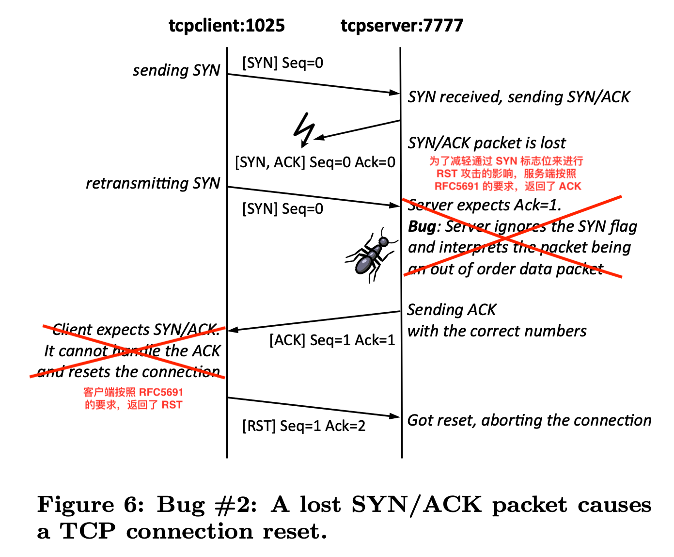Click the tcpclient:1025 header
click(226, 25)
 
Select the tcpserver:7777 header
click(402, 25)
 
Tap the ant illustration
click(371, 255)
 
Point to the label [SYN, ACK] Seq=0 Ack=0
click(315, 162)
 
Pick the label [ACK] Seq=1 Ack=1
click(332, 340)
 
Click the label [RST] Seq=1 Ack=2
click(304, 426)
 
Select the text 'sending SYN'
click(176, 70)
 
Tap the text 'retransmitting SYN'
click(153, 183)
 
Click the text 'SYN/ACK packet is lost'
click(486, 143)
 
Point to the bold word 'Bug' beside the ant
click(422, 226)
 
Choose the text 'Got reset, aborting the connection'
click(529, 420)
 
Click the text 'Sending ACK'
click(452, 309)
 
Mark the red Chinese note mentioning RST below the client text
click(133, 398)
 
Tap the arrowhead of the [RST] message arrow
click(395, 416)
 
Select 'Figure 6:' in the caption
click(91, 505)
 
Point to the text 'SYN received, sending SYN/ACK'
click(518, 97)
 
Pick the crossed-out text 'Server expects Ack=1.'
click(485, 205)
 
